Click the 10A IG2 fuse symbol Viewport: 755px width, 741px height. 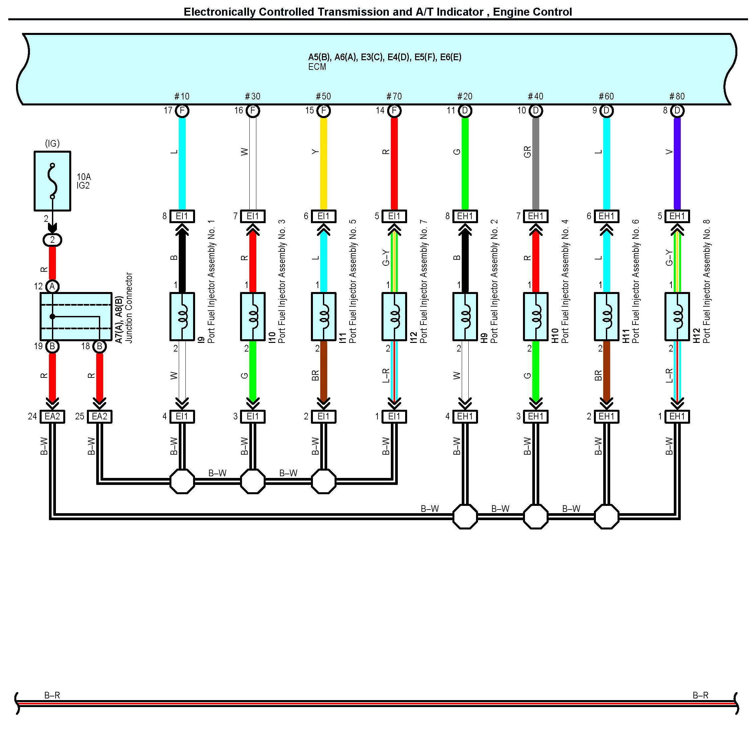[x=53, y=181]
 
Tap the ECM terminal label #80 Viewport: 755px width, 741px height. [x=677, y=96]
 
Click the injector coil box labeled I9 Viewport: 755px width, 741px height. [x=182, y=316]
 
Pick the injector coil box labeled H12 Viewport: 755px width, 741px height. [x=677, y=316]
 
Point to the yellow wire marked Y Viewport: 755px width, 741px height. [x=323, y=163]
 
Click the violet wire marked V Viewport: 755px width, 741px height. [x=677, y=163]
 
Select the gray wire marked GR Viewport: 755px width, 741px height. [x=536, y=163]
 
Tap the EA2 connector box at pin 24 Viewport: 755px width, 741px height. [x=53, y=416]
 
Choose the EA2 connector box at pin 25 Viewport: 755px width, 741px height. [x=100, y=416]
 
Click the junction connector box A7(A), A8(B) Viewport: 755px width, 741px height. [x=76, y=316]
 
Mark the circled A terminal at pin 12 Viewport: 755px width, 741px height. [x=52, y=287]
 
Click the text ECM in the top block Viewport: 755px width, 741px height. [x=317, y=67]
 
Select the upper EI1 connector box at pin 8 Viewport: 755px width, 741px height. [x=182, y=216]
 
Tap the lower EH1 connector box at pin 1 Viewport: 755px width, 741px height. [x=677, y=416]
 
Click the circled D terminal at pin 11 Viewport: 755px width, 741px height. [x=465, y=111]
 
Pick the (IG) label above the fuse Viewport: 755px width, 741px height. [x=52, y=143]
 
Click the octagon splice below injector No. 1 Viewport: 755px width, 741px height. [x=182, y=481]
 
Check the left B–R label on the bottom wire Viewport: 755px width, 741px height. [x=52, y=695]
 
